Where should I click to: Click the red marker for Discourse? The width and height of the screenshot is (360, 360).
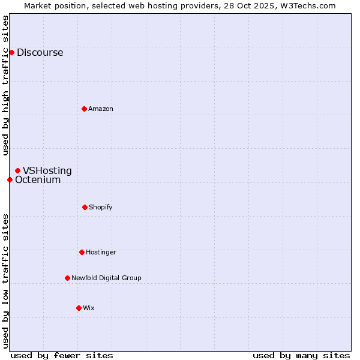click(x=11, y=52)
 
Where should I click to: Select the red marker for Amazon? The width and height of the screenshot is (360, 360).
click(x=84, y=109)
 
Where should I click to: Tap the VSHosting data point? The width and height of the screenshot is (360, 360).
click(x=17, y=170)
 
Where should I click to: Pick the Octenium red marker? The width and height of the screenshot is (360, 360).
click(x=10, y=179)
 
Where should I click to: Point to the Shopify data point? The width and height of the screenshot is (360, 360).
click(x=85, y=207)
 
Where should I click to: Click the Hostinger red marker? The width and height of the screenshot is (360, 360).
click(x=82, y=252)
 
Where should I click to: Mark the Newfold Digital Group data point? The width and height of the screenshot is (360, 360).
click(x=67, y=278)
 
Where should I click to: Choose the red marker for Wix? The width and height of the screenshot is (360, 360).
click(x=79, y=308)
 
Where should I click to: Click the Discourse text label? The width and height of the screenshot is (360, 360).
click(x=40, y=52)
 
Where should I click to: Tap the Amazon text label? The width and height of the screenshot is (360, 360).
click(x=101, y=109)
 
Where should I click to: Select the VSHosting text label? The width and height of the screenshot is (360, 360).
click(x=47, y=170)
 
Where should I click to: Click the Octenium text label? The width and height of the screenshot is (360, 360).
click(x=38, y=179)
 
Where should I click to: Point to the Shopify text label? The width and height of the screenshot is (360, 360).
click(x=101, y=207)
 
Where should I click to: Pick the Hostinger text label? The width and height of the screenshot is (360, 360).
click(x=101, y=252)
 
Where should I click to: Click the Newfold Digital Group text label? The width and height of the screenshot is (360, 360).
click(x=106, y=278)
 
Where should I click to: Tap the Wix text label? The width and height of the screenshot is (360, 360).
click(x=89, y=308)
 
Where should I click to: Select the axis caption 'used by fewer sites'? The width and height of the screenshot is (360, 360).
click(x=62, y=355)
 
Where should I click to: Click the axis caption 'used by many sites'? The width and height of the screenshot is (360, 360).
click(x=301, y=355)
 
